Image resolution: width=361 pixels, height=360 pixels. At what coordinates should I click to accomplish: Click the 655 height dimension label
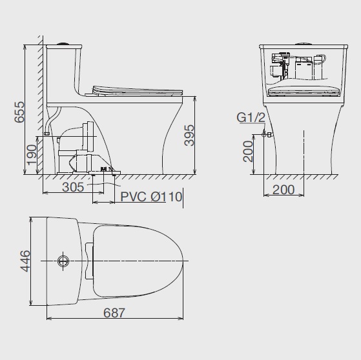19,112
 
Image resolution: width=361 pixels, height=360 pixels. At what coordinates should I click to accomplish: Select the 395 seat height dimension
189,135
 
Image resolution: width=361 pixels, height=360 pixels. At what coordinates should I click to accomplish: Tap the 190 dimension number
32,155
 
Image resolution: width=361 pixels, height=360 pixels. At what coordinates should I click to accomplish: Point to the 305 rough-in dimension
73,187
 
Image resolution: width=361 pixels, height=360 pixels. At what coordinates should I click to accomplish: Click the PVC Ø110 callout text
151,197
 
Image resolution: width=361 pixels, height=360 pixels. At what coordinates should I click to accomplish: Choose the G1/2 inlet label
251,118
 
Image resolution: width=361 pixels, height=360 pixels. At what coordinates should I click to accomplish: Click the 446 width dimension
25,261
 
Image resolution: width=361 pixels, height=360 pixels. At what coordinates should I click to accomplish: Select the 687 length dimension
114,313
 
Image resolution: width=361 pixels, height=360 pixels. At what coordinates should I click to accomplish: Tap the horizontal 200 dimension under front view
284,190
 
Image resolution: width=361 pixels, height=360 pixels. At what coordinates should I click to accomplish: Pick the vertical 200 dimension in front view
248,152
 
